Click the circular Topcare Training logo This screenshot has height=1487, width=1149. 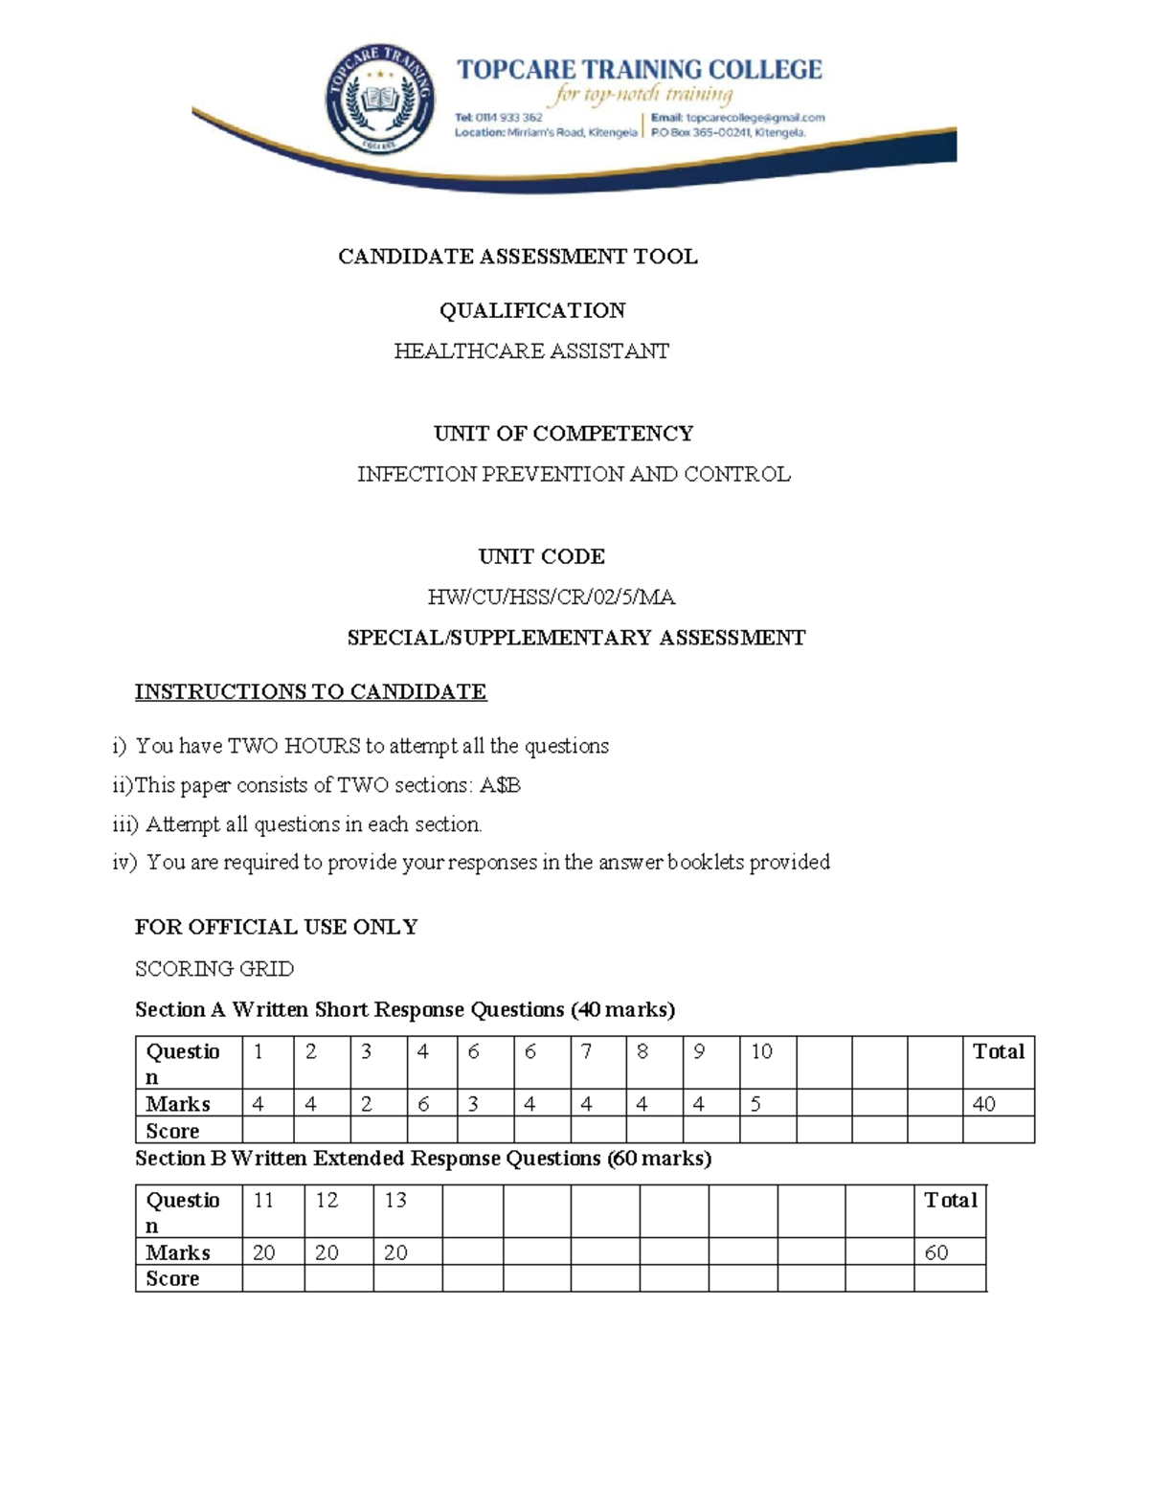pos(380,100)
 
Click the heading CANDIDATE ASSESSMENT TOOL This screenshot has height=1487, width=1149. pos(517,257)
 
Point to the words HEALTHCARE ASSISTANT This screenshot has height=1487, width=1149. pos(531,351)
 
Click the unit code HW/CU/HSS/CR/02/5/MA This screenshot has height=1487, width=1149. pos(552,597)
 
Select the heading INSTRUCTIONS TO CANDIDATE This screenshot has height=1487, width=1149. pos(310,691)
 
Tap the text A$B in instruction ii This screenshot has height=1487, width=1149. pos(499,785)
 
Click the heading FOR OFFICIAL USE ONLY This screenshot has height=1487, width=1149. pos(276,927)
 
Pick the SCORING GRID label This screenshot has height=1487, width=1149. pos(214,969)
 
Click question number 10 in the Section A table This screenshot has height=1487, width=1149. pos(761,1052)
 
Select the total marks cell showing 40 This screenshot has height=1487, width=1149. pos(984,1104)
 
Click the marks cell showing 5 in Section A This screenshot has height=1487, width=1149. pos(755,1104)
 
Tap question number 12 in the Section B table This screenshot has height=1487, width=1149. pos(327,1201)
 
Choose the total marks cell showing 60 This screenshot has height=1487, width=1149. pos(936,1252)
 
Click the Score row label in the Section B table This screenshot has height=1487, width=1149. pos(173,1279)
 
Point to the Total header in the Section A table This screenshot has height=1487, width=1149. pos(998,1052)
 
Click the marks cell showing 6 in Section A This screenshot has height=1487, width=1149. pos(423,1104)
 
